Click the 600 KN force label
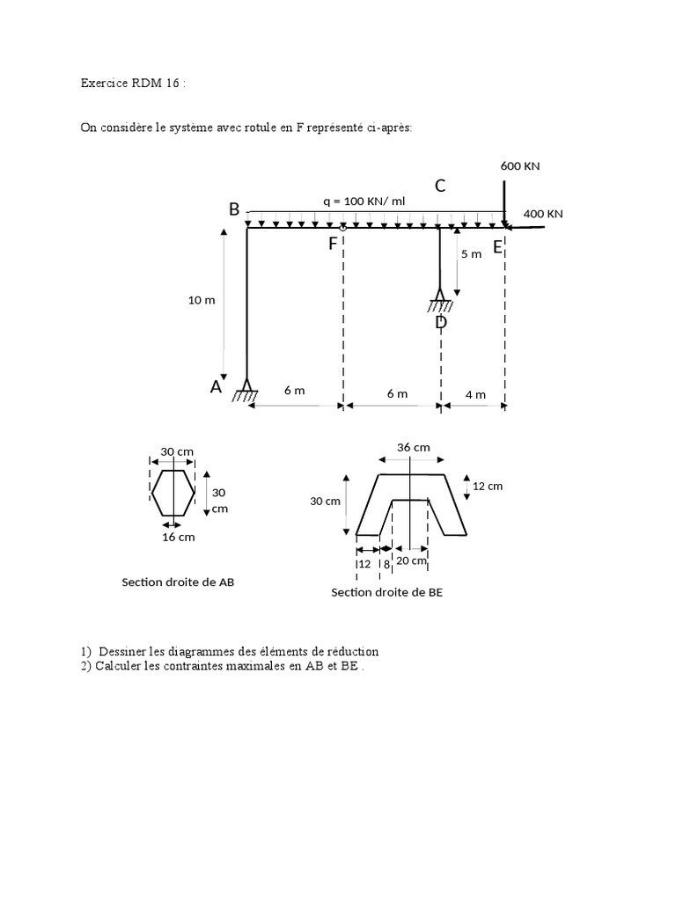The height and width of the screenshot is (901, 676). (x=519, y=165)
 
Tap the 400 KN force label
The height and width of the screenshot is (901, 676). (x=542, y=214)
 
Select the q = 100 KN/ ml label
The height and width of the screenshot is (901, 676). (x=364, y=201)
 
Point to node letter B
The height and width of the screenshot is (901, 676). (x=234, y=209)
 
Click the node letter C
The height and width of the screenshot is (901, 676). (x=440, y=186)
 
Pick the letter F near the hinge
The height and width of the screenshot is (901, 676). (x=333, y=244)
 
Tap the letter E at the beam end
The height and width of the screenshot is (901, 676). (x=497, y=247)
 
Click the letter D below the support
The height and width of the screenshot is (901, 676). (x=441, y=322)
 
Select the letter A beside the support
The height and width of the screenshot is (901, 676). (x=216, y=386)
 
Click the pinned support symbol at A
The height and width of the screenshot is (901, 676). (x=246, y=390)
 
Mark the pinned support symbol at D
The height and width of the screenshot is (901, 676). (x=440, y=300)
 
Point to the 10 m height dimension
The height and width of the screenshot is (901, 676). (x=202, y=300)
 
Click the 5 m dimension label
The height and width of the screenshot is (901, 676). (x=471, y=254)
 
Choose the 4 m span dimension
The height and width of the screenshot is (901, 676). (x=475, y=394)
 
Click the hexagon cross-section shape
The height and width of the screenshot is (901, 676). (x=173, y=492)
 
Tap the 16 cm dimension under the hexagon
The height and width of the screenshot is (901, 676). (x=180, y=537)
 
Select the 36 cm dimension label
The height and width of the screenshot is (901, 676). (x=414, y=447)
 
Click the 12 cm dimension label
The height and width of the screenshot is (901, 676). (x=488, y=486)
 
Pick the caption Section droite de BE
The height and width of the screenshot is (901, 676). (x=387, y=592)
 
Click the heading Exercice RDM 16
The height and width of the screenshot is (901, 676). (x=134, y=84)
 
